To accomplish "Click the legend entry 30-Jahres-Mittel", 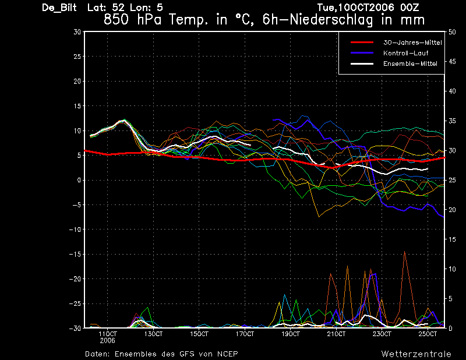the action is pos(412,43).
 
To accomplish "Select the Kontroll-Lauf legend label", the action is pos(405,53).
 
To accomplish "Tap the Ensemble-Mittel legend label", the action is pos(410,63).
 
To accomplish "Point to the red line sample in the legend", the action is pos(362,42).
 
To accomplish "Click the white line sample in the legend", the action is pos(362,63).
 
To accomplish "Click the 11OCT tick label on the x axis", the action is pos(108,334).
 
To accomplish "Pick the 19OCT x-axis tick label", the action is pos(290,334).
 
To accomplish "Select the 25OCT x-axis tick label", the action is pos(428,334).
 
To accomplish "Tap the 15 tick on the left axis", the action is pos(77,106).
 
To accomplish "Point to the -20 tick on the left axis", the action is pos(75,279).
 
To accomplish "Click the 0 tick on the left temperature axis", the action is pos(79,180).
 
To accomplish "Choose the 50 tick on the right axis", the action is pos(452,32).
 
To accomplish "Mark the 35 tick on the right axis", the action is pos(452,121).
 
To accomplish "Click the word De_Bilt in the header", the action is pos(59,8).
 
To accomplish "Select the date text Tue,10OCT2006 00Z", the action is pos(368,8).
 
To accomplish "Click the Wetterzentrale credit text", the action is pos(416,354).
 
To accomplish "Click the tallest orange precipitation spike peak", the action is pos(404,252).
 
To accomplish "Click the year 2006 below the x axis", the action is pos(108,340).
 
